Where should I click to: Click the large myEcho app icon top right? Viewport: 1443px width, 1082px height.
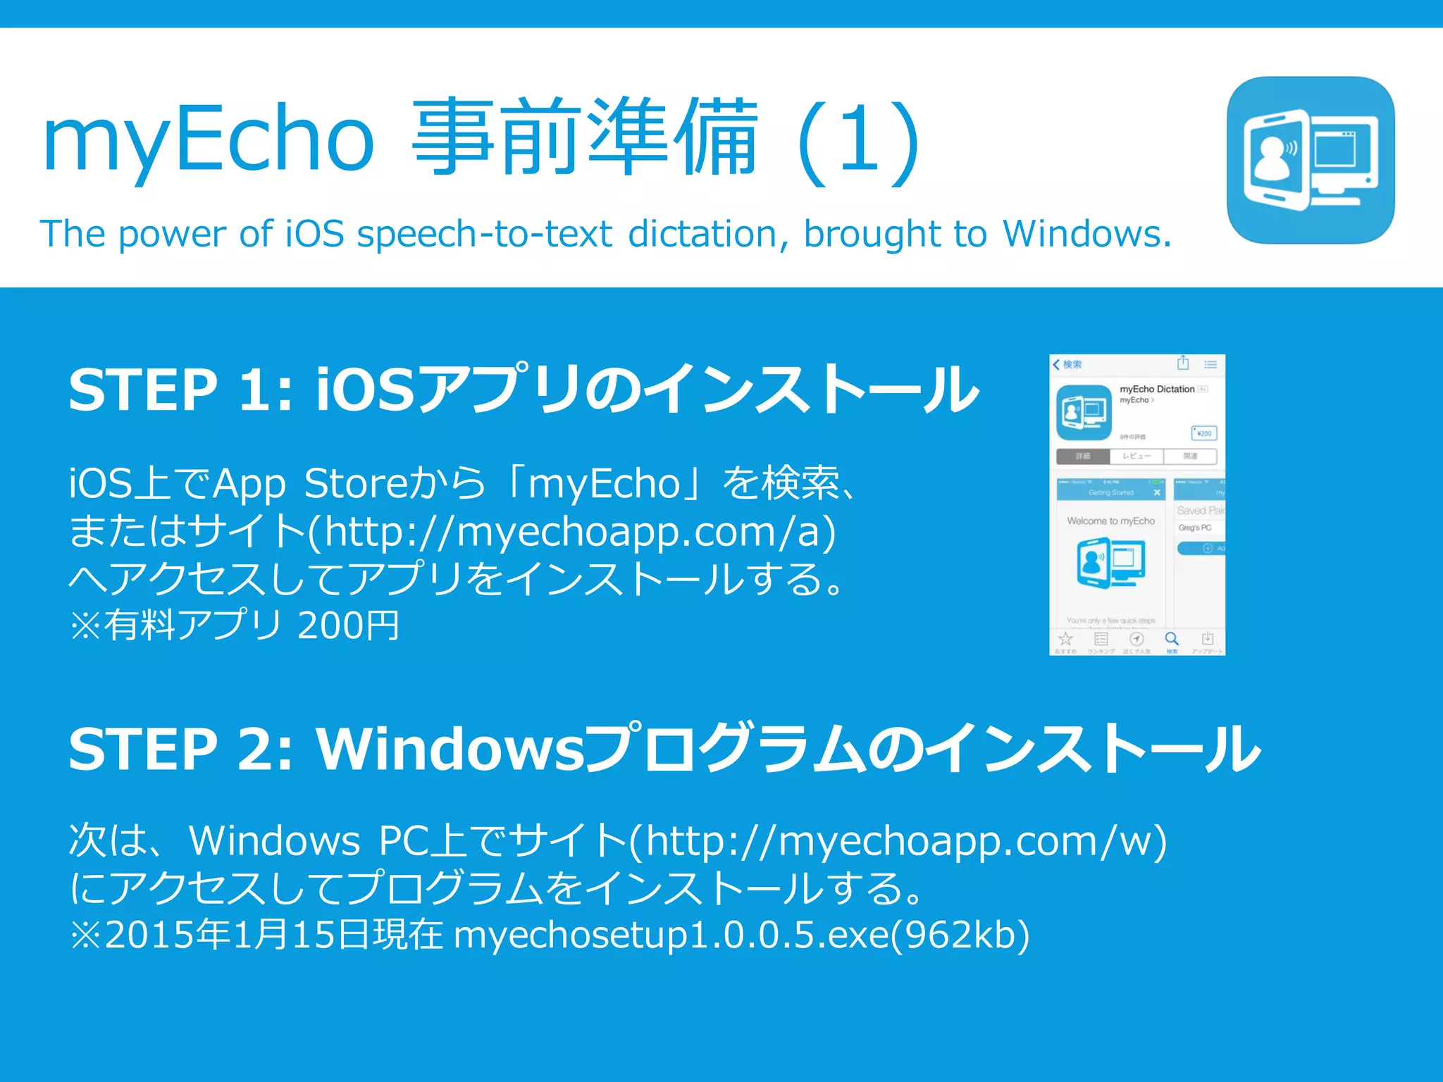1311,161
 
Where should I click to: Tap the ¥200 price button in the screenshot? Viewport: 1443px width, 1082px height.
1203,433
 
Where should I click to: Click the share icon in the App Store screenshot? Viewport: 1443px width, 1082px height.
1183,363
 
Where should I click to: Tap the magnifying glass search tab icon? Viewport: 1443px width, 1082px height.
1172,639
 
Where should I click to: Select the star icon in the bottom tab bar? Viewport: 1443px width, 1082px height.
1065,639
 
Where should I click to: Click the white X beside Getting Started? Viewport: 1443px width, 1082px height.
1157,492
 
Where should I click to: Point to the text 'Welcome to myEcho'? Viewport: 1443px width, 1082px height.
1110,521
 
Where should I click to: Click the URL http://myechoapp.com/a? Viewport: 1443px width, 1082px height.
575,531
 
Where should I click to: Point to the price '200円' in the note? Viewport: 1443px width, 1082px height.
348,625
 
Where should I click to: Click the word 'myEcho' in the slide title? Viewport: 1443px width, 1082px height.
208,138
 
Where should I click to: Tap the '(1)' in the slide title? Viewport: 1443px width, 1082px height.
859,141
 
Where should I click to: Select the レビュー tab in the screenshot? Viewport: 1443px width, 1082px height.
1137,456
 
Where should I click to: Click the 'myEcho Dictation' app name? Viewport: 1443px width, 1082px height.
1157,389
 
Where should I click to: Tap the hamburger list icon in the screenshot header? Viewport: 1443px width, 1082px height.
1210,364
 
